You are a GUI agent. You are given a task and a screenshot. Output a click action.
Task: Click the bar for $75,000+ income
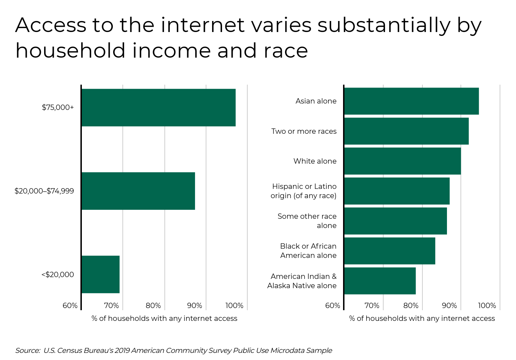pos(158,107)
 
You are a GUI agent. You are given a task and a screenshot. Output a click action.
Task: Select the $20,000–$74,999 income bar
pos(138,191)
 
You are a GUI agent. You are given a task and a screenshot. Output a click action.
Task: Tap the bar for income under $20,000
pos(100,274)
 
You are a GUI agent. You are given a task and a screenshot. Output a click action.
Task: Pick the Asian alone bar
pos(411,101)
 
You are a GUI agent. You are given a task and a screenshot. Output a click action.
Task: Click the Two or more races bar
pos(406,131)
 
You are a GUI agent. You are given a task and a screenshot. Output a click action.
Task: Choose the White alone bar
pos(402,161)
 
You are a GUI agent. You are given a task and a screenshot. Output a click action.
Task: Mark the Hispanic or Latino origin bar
pos(397,191)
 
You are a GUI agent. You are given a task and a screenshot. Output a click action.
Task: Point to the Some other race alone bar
pos(395,221)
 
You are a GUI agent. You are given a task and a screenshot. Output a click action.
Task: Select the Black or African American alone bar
pos(390,251)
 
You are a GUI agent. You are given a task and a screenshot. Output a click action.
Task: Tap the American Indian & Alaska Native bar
pos(380,281)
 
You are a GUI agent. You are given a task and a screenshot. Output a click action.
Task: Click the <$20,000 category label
pos(58,275)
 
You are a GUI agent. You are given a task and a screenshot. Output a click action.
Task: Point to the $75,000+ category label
pos(58,107)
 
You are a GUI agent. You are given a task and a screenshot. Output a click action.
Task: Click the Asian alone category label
pos(316,101)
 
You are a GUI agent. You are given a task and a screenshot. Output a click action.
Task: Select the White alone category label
pos(315,161)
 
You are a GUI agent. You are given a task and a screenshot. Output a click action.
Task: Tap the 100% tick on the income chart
pos(234,306)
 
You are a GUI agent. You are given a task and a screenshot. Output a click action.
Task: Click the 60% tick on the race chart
pos(333,306)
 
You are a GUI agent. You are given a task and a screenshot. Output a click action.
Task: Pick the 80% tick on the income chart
pos(153,306)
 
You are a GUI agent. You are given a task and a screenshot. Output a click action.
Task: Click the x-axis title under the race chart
pos(422,318)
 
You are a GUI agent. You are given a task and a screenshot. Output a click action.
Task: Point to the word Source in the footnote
pos(27,350)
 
